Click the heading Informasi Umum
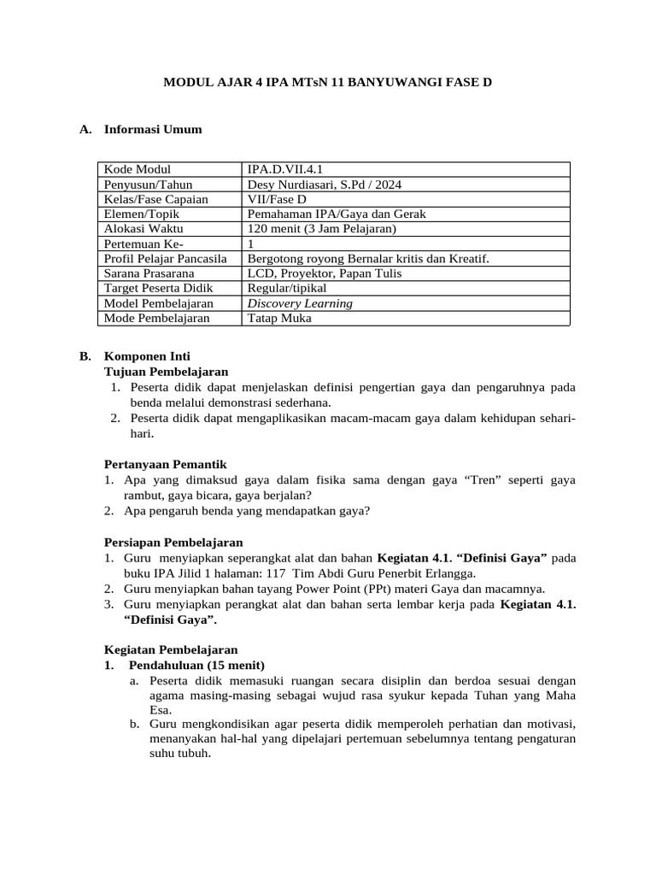[153, 130]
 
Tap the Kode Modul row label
[138, 169]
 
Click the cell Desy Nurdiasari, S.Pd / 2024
[325, 185]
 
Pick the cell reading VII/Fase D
[277, 199]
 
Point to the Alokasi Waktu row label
[143, 229]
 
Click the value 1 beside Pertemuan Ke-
[250, 244]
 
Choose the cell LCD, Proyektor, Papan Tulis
[324, 273]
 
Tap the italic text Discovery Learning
[300, 303]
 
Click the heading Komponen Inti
[147, 356]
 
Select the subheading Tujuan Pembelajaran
[166, 372]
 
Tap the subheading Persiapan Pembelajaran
[173, 543]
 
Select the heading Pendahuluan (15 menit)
[196, 665]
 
